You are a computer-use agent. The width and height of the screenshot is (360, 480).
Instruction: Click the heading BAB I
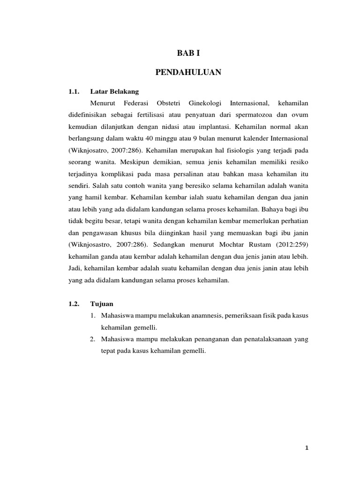coord(187,54)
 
